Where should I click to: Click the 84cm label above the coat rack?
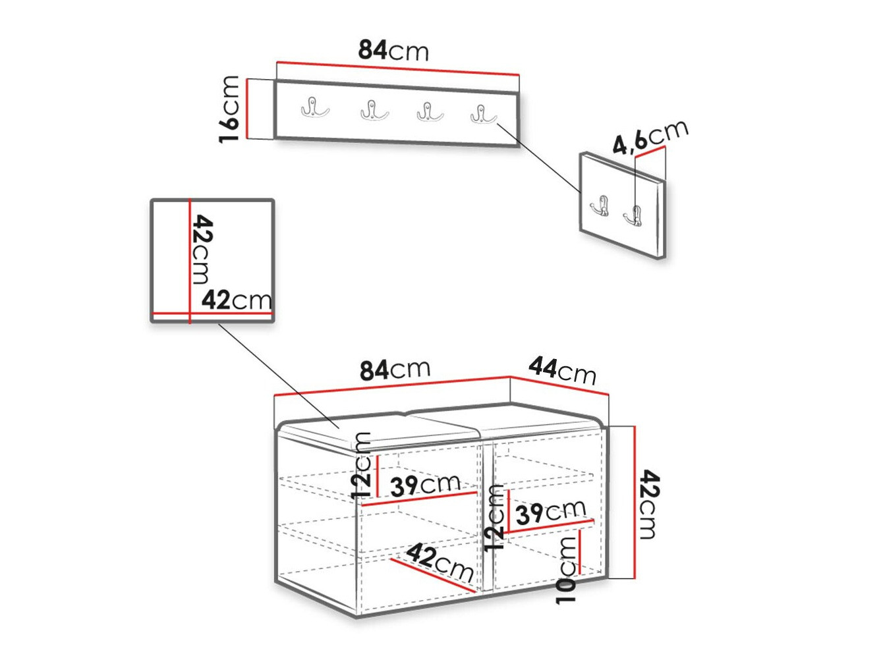coord(393,51)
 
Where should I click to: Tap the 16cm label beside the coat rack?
coord(229,109)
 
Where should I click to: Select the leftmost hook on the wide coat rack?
coord(315,107)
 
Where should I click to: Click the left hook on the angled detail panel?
coord(599,206)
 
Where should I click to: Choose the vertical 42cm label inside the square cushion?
coord(202,250)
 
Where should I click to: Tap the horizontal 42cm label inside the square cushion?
coord(237,300)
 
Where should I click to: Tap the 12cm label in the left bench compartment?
coord(361,466)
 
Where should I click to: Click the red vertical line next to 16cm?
coord(248,109)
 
